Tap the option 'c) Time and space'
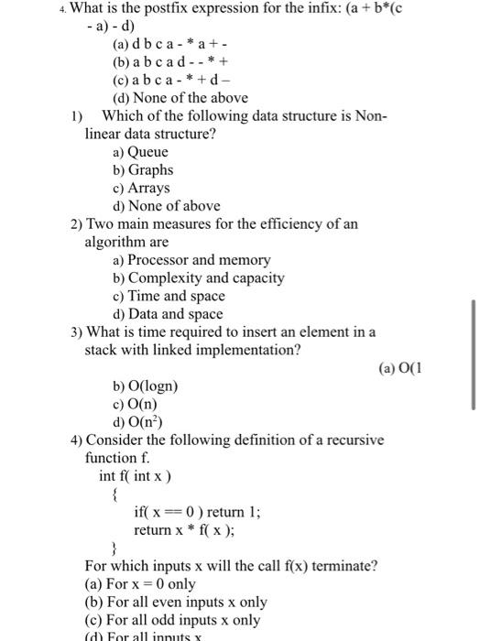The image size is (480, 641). tap(168, 296)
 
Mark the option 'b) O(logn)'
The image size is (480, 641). tap(145, 386)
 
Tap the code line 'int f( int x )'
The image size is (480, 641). tap(136, 476)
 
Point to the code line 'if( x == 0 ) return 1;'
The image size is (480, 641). tap(197, 512)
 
